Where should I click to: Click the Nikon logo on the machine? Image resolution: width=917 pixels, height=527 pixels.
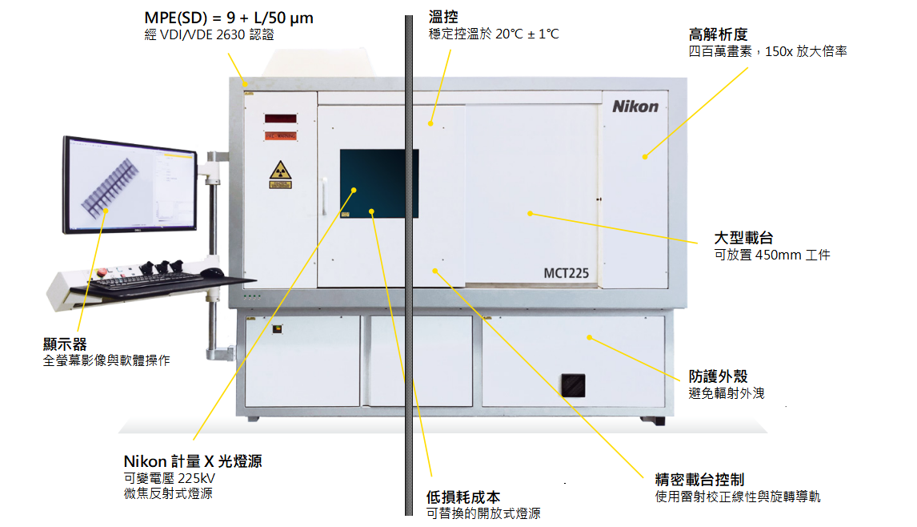coord(635,106)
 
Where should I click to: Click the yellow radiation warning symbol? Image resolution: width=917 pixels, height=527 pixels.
coord(280,171)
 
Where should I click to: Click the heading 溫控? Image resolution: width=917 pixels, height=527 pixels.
coord(443,17)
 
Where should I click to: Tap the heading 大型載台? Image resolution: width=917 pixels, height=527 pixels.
coord(743,239)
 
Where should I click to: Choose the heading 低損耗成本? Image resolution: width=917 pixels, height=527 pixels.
coord(463,497)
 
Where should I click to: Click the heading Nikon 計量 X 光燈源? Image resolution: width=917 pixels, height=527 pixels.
coord(192,461)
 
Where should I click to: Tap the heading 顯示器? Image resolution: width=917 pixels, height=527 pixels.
coord(65,344)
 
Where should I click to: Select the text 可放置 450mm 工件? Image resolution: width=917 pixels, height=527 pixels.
coord(771,255)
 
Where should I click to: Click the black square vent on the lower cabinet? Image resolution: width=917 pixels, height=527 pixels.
coord(572,384)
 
